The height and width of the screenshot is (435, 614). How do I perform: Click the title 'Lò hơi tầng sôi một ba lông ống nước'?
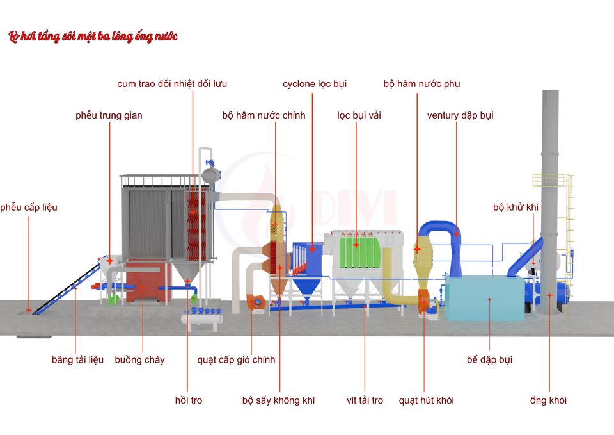(93, 37)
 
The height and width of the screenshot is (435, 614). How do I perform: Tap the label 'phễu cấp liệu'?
(29, 208)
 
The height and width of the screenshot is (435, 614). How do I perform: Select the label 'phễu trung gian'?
(109, 115)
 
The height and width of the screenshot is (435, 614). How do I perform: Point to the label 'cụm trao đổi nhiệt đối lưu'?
(172, 84)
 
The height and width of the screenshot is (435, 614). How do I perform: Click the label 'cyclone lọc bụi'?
(315, 84)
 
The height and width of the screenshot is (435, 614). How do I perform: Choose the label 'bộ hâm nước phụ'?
(421, 84)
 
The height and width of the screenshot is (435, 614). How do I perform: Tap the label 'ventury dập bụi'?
(460, 115)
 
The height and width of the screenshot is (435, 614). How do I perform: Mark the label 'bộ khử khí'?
(516, 208)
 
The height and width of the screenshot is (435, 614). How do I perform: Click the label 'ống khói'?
(548, 400)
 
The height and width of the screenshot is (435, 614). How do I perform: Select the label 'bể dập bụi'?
(489, 359)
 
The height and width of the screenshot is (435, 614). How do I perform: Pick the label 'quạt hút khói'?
(426, 400)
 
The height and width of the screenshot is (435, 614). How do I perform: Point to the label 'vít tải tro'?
(365, 400)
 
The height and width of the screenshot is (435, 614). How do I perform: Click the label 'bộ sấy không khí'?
(278, 400)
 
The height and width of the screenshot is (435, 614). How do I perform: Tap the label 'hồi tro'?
(188, 400)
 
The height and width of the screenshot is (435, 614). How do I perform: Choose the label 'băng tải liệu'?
(77, 359)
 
